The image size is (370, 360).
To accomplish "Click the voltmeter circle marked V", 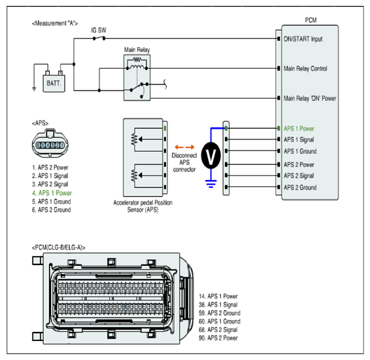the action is (210, 155).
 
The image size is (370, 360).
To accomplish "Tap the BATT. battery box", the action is (54, 83).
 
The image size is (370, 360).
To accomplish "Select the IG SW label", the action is (99, 30).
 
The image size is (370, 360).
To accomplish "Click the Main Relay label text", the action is (137, 50).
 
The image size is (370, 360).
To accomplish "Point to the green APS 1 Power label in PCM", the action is (299, 129).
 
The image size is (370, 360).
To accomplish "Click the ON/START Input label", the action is (303, 39).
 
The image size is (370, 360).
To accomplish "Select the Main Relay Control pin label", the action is (305, 69).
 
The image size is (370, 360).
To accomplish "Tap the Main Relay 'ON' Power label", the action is (310, 98).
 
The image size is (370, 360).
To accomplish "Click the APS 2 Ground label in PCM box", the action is (300, 188).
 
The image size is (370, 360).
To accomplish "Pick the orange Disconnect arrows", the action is (184, 147).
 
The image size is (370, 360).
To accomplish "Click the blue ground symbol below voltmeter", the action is (210, 183).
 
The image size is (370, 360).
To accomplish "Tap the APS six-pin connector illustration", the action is (50, 143).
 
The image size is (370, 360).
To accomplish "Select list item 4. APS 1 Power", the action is (52, 193).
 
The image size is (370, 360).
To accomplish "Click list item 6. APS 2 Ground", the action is (52, 209).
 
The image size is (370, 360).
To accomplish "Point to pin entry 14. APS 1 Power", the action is (218, 297).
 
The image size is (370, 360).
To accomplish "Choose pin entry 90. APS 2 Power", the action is (218, 338).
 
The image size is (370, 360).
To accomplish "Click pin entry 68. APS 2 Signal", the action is (218, 330).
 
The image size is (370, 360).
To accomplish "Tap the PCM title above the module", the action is (311, 20).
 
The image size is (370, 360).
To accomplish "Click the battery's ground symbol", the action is (34, 89).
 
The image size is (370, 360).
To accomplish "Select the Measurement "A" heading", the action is (55, 24).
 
